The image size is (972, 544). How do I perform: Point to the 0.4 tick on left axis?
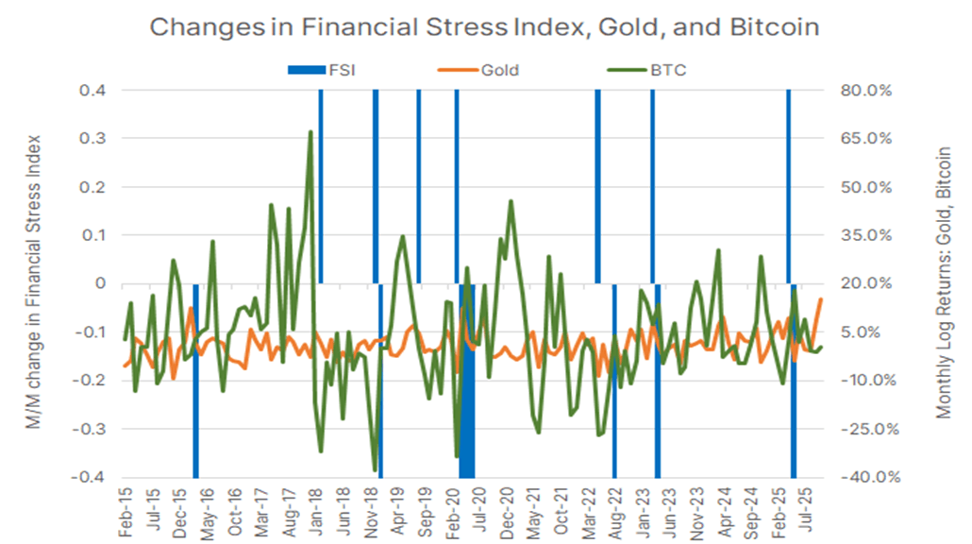(x=92, y=91)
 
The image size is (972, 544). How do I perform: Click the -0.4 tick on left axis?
(x=88, y=477)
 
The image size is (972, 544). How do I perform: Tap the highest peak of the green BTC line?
(x=310, y=132)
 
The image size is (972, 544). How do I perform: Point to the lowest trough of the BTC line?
(x=376, y=470)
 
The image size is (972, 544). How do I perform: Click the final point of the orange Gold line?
(x=821, y=299)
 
